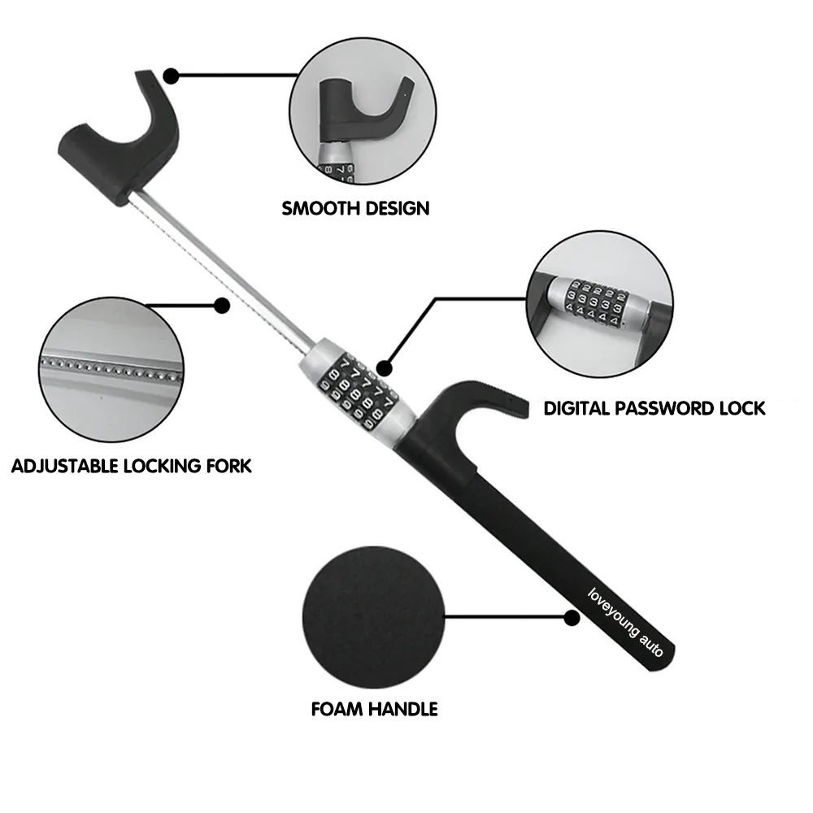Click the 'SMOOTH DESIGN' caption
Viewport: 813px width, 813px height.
[355, 208]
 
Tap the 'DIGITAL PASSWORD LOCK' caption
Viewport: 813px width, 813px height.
[654, 407]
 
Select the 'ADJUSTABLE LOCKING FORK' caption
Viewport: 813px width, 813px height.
[132, 467]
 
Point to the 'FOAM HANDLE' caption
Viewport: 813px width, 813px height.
[374, 709]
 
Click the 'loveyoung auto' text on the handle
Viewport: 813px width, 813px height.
[625, 622]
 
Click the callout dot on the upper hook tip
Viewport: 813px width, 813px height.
[171, 76]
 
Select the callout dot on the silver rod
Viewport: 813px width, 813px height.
[220, 306]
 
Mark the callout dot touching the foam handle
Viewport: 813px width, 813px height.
[572, 620]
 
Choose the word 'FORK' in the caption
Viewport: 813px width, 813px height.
[230, 467]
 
